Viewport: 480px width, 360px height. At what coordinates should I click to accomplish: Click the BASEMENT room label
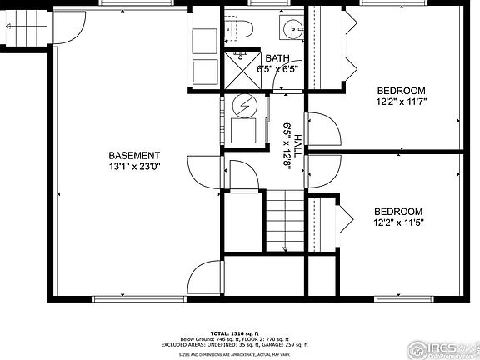click(x=134, y=155)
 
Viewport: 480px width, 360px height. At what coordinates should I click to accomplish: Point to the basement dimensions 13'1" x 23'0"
click(x=134, y=166)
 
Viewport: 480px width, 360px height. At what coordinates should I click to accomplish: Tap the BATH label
click(x=277, y=58)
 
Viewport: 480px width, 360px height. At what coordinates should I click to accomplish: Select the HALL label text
click(x=296, y=132)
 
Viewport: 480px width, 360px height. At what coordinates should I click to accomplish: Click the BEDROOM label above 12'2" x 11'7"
click(x=402, y=91)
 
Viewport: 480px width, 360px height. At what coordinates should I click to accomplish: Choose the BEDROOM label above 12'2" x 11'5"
click(x=398, y=212)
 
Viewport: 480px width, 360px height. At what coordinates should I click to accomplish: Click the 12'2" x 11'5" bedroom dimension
click(x=398, y=222)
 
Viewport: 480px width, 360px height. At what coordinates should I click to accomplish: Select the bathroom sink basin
click(x=293, y=30)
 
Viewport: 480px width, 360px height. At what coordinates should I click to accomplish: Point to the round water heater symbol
click(x=245, y=106)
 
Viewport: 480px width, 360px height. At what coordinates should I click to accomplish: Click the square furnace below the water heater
click(x=245, y=131)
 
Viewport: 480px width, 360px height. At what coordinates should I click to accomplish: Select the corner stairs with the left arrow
click(x=21, y=26)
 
